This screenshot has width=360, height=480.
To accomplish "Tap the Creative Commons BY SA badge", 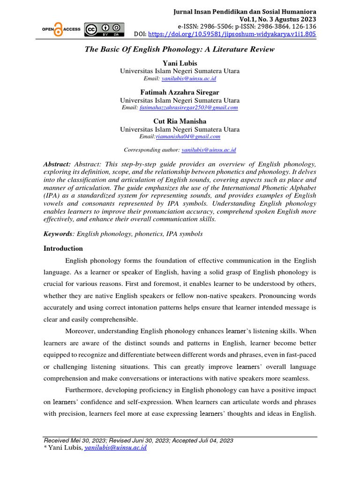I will (x=104, y=29).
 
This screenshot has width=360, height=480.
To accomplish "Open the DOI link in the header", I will (x=232, y=34).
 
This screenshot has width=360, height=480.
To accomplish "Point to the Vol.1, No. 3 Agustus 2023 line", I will (x=277, y=19).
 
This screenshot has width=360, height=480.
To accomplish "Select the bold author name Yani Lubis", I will (x=180, y=63).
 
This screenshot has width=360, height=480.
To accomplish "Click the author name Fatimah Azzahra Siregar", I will (x=180, y=92).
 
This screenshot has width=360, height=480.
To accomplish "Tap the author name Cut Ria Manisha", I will (x=180, y=121).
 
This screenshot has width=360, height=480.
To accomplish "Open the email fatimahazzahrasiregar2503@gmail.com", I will (x=188, y=107).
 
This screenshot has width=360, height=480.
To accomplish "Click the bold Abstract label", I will (x=57, y=164).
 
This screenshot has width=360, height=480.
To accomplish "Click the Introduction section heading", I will (x=63, y=248).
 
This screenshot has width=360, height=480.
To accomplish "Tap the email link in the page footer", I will (x=115, y=448).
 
